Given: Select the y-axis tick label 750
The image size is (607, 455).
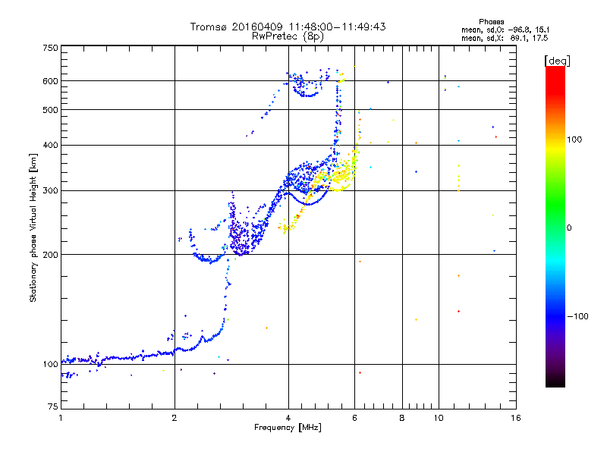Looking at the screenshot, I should point(51,47).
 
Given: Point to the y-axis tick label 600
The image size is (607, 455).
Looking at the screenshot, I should point(51,81).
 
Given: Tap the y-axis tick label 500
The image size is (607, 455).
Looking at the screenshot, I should point(51,110).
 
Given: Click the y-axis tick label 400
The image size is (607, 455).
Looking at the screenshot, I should point(51,145).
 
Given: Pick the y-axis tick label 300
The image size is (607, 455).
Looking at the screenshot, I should point(51,191).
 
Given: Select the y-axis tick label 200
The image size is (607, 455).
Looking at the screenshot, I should point(51,255).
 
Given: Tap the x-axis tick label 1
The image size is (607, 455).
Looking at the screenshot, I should point(61,418).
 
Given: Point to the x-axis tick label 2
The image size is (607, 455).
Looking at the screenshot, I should point(175,418).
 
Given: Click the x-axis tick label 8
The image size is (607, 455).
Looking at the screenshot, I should point(402,418).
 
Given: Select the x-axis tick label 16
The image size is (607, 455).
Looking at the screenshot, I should point(515,418).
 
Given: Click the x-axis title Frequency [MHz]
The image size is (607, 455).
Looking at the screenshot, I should point(288,428).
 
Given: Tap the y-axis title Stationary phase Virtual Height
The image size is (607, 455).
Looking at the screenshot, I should point(34,227).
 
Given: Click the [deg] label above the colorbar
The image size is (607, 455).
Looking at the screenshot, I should point(558,60).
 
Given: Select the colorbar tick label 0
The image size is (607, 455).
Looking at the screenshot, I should point(571,227).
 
